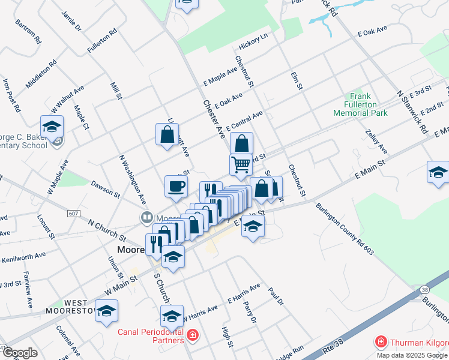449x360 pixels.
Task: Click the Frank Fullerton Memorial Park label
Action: point(369,104)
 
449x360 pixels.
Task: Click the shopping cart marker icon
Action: point(240,164)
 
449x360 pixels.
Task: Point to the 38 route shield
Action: point(425,289)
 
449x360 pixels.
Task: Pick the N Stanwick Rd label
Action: point(412,112)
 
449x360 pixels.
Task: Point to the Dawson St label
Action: point(106,190)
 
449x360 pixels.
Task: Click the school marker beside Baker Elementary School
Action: point(52,127)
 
